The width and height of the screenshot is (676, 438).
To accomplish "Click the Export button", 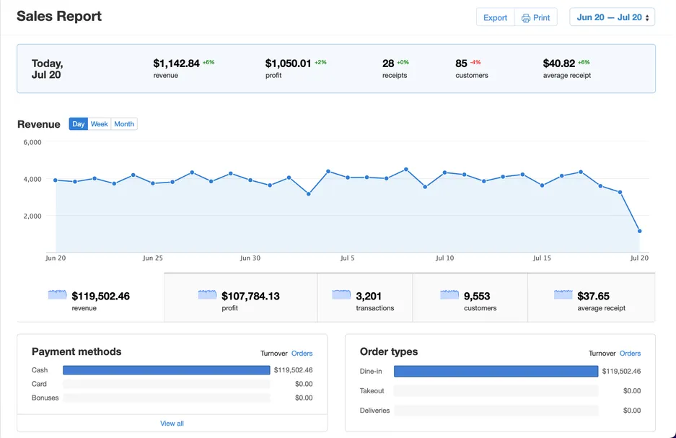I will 495,17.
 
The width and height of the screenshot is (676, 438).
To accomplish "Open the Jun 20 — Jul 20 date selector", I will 613,17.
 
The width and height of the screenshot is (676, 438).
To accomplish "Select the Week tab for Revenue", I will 100,124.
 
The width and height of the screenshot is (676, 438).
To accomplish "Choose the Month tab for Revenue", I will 124,124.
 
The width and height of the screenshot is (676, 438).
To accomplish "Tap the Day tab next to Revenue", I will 79,124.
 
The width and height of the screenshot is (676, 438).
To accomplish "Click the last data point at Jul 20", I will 639,232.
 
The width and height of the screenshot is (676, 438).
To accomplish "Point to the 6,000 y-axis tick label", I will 32,143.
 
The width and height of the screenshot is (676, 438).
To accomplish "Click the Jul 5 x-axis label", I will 348,258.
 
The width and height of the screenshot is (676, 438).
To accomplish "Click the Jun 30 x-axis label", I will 250,258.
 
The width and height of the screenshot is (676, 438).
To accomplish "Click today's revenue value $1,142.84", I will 176,63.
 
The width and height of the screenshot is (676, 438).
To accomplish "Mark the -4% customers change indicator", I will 475,62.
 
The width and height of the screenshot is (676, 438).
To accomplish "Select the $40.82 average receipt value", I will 559,63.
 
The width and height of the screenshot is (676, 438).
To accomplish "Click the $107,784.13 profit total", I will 250,296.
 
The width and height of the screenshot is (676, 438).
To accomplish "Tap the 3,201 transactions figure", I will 369,296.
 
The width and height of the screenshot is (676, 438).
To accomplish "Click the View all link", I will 172,423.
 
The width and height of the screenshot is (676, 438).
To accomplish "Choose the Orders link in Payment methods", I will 302,354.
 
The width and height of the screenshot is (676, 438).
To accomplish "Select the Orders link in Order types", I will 630,354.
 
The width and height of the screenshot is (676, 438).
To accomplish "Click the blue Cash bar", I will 166,370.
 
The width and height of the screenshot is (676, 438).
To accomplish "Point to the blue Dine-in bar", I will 496,372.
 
